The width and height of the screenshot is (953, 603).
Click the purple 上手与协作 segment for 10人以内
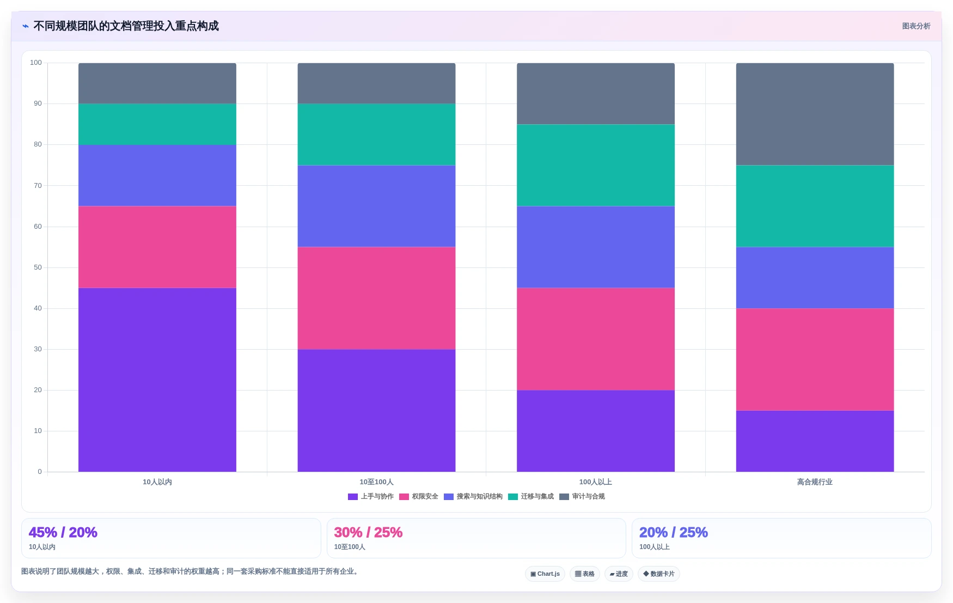click(x=157, y=380)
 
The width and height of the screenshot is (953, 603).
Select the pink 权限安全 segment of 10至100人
click(x=376, y=298)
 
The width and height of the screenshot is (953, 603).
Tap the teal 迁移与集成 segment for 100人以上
click(x=596, y=165)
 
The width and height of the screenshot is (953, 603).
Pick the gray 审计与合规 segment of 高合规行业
click(x=815, y=114)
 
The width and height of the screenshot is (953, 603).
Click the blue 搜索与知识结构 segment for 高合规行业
click(x=815, y=278)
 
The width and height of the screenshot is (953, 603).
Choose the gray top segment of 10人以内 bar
click(x=157, y=83)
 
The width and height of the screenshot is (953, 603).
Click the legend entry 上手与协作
click(x=371, y=496)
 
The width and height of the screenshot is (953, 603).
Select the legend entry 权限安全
click(x=419, y=496)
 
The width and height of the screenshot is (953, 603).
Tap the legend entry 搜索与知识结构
click(x=473, y=496)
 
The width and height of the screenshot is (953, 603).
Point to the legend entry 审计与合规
click(x=582, y=496)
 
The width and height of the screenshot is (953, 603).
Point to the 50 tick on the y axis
click(x=38, y=267)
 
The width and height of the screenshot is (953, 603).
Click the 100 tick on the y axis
click(x=36, y=63)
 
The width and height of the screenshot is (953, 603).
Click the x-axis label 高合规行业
click(x=815, y=482)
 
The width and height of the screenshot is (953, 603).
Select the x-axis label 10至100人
click(x=376, y=482)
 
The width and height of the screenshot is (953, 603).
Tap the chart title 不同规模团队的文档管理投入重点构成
click(x=126, y=26)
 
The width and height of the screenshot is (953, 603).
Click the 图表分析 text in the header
click(x=916, y=26)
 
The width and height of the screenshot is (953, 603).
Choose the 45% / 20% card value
click(x=63, y=532)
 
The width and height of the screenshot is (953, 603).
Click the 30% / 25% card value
click(x=368, y=532)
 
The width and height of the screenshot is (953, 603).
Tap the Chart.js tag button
click(x=545, y=574)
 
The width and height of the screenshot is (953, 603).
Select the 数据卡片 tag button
click(x=659, y=574)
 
